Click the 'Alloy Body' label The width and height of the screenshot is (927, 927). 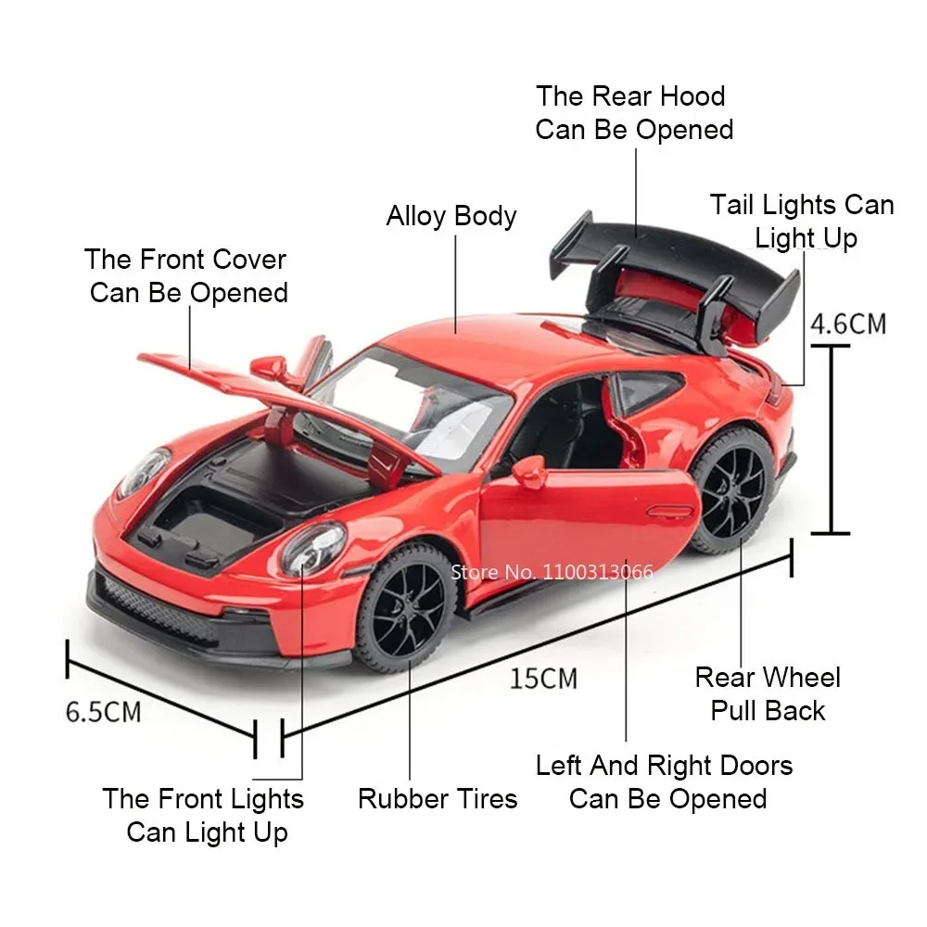451,216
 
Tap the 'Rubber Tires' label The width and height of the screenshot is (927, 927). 438,798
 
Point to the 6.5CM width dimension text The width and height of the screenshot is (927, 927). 103,711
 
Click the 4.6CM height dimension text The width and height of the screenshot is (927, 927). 847,324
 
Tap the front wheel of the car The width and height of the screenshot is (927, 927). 406,608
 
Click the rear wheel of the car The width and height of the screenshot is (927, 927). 732,491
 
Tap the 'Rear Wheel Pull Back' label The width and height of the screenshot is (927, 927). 768,693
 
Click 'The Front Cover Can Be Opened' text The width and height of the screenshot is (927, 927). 186,275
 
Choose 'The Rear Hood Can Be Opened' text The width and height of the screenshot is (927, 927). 634,112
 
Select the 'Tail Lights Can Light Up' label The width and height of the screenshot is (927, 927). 803,221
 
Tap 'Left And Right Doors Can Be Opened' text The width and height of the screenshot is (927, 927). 666,781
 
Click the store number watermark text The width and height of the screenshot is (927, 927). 552,571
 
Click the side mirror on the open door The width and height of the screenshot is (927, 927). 529,470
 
